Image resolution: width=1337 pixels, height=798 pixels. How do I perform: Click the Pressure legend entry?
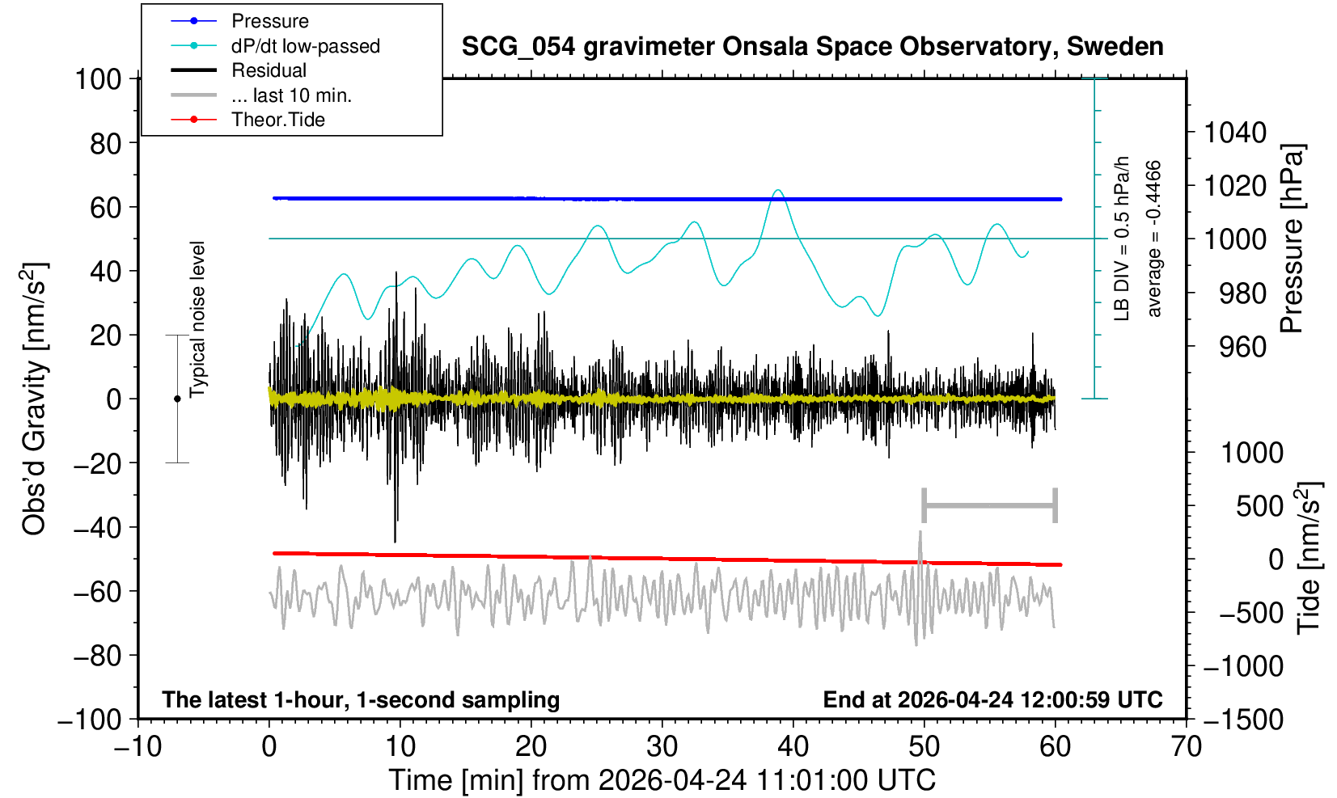click(x=270, y=21)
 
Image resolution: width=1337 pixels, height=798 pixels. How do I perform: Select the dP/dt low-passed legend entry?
click(x=306, y=46)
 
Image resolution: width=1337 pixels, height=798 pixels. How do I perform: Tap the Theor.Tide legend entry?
click(x=278, y=120)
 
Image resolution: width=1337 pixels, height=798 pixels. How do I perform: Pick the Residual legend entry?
click(x=269, y=70)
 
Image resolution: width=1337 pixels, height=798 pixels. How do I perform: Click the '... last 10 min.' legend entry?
click(x=292, y=95)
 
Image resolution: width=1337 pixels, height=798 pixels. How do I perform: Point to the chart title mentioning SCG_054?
click(x=812, y=47)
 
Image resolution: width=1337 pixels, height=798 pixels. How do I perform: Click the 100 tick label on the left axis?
click(x=98, y=79)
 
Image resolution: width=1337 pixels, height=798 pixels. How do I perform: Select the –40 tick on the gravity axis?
click(x=98, y=528)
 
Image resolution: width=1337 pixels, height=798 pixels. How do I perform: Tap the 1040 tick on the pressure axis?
click(x=1235, y=133)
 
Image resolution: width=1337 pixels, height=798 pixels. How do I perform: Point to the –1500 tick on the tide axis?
click(x=1243, y=720)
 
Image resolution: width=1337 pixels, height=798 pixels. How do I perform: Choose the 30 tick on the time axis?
click(x=662, y=747)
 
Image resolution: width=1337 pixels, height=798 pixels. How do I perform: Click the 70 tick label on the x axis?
click(x=1186, y=747)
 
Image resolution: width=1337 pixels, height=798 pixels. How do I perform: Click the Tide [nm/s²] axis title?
click(x=1309, y=558)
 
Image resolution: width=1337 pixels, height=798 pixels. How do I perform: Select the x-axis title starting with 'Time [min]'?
click(x=662, y=780)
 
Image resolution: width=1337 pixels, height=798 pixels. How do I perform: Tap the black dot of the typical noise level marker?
click(x=177, y=399)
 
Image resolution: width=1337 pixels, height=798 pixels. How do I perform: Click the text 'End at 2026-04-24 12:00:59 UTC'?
click(x=992, y=699)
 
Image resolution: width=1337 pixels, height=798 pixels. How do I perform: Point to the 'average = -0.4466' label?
click(x=1154, y=239)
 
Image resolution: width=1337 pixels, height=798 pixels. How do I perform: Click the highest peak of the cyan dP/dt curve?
click(x=778, y=190)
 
